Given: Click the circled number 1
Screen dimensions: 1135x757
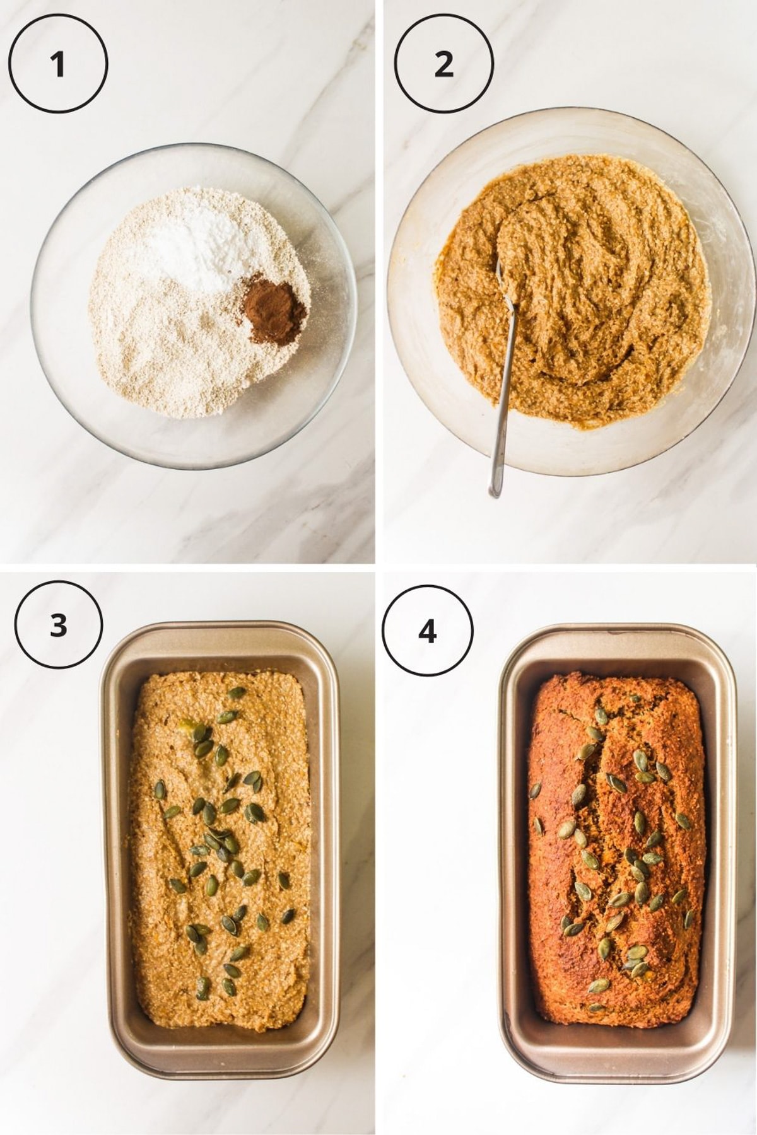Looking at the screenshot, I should [x=58, y=64].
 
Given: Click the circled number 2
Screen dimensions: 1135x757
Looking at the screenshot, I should [x=443, y=64].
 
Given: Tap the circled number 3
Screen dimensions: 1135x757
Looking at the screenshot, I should [x=58, y=626].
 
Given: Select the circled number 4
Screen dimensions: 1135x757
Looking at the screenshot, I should [x=428, y=631].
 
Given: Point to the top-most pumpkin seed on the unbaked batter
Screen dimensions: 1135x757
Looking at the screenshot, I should [x=236, y=693].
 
